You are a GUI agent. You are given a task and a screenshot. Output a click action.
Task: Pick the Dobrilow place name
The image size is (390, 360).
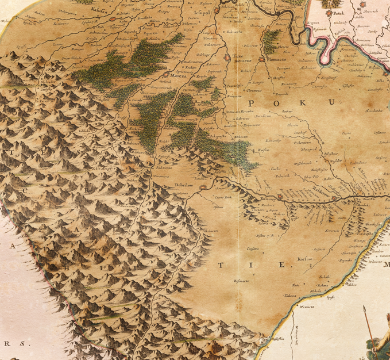tap(184, 186)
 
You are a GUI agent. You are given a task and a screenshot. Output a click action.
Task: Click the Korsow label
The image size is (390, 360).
tap(304, 259)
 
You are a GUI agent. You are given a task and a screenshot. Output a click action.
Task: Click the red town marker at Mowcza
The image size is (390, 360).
tap(167, 74)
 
